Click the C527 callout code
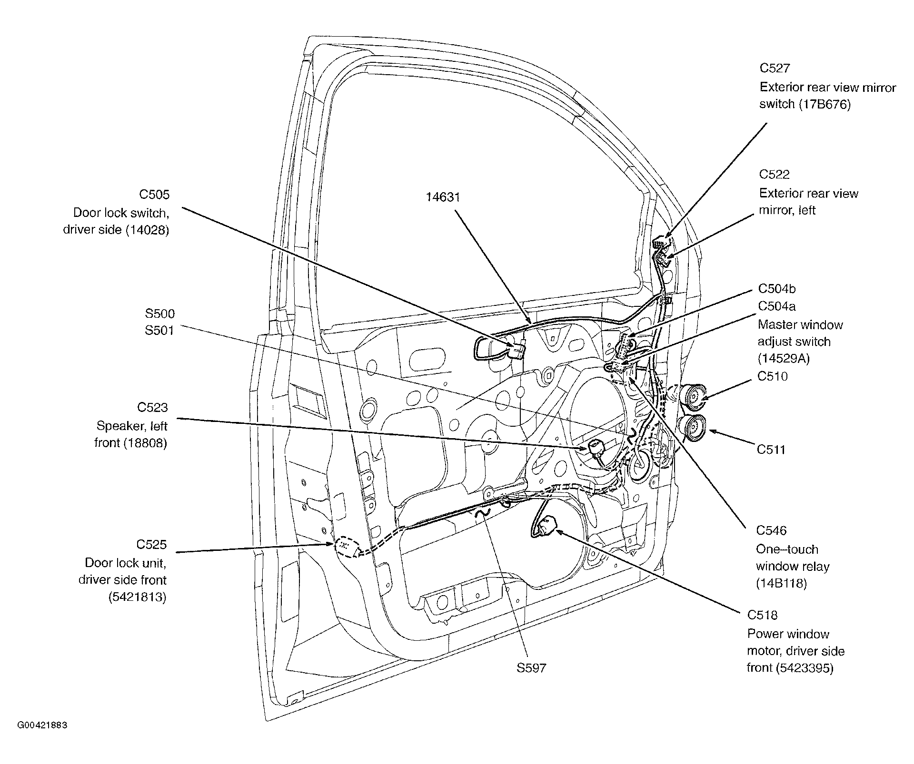coord(775,69)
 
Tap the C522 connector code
coord(774,175)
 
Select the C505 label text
coord(154,195)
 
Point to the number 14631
coord(443,197)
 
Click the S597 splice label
coord(531,668)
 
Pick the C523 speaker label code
coord(152,407)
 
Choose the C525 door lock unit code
coord(151,544)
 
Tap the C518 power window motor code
coord(762,615)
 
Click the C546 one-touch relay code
coord(771,530)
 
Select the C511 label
coord(771,450)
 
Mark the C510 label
coord(773,376)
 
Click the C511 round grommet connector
coord(691,428)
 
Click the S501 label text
coord(159,330)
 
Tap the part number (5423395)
coord(805,668)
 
